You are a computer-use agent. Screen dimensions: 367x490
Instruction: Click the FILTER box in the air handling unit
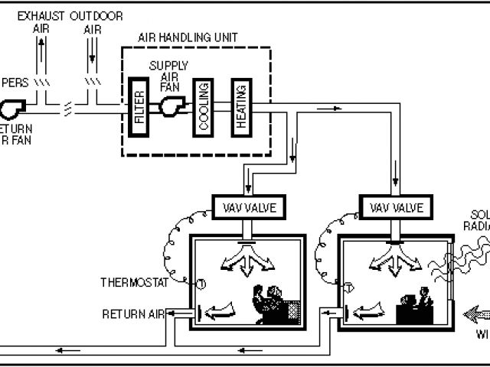139,106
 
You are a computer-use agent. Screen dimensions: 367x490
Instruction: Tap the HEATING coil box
240,107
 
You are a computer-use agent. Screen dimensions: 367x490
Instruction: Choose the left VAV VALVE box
243,207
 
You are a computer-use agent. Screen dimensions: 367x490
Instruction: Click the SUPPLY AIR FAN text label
168,75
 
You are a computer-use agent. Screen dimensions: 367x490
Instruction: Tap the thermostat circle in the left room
201,284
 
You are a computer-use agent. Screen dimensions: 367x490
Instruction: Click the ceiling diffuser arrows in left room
244,259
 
